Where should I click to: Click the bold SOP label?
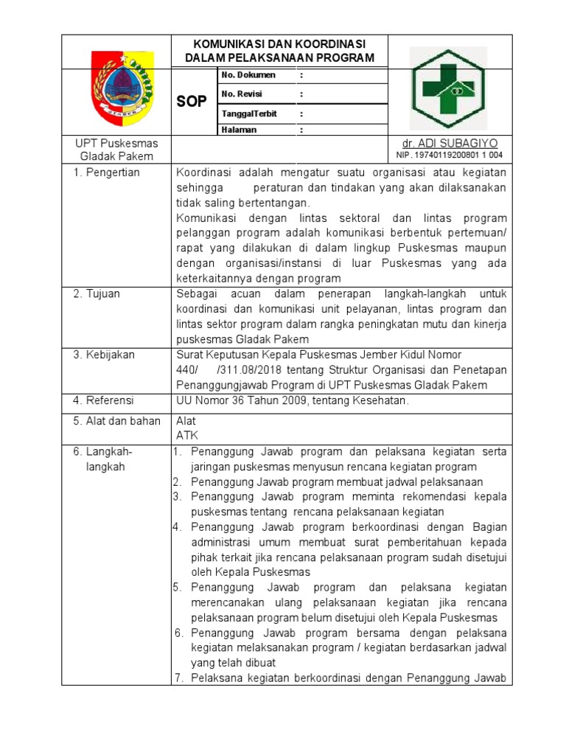tap(192, 102)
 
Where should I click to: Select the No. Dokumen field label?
tap(248, 75)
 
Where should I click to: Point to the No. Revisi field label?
tap(242, 94)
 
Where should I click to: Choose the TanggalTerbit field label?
tap(249, 114)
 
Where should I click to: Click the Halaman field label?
tap(239, 130)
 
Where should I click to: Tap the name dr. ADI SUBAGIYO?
tap(450, 142)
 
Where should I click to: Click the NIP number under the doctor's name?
tap(450, 155)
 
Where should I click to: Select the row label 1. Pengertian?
tap(106, 173)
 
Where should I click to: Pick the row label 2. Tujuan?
tap(96, 293)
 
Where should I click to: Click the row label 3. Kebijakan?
tap(103, 355)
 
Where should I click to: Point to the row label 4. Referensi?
tap(103, 400)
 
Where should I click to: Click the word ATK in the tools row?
tap(186, 435)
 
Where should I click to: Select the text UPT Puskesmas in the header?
tap(116, 143)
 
